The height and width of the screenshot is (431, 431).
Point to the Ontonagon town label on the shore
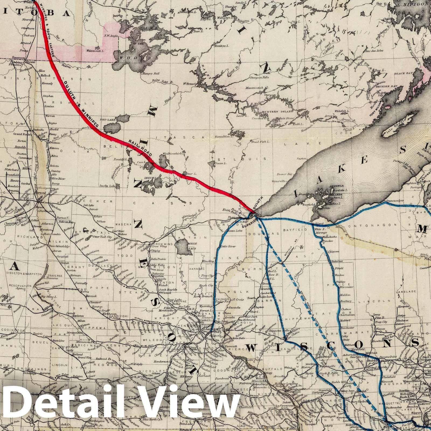(394, 200)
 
